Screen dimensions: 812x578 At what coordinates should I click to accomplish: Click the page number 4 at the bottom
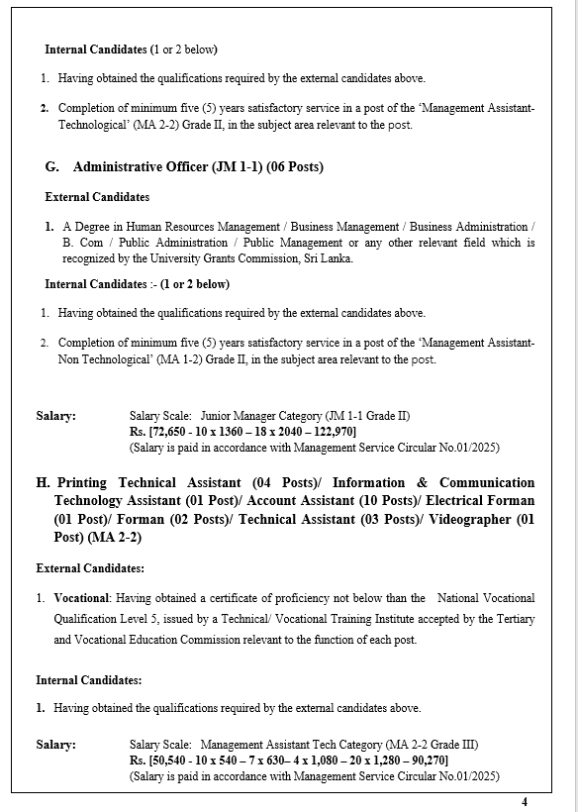pyautogui.click(x=525, y=801)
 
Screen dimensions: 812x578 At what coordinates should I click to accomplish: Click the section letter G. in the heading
pyautogui.click(x=52, y=167)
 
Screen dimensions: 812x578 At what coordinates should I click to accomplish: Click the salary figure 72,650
pyautogui.click(x=170, y=432)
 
